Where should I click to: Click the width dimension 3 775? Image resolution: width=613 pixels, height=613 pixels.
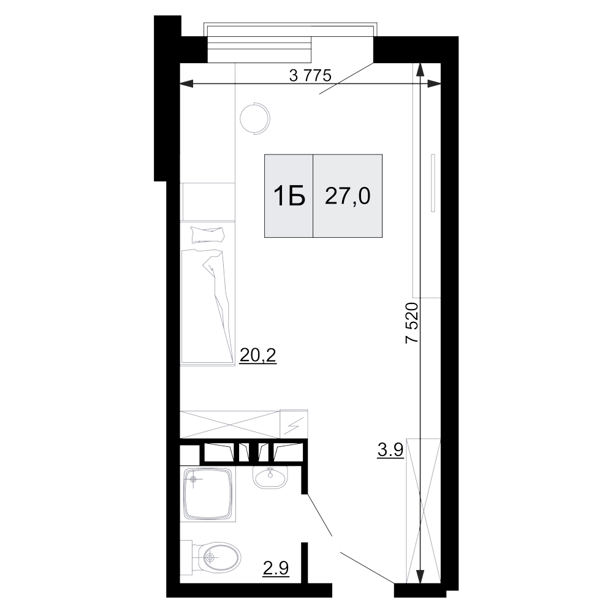tap(310, 75)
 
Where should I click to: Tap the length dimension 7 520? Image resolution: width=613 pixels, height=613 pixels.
tap(412, 322)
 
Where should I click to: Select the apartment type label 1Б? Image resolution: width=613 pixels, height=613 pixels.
tap(289, 196)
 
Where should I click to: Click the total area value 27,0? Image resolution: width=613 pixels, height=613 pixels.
tap(348, 196)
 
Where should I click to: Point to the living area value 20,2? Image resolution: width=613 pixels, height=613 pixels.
tap(258, 355)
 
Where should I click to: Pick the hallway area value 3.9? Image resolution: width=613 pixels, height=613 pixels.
tap(390, 451)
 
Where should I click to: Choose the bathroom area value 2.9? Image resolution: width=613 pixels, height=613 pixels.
tap(276, 568)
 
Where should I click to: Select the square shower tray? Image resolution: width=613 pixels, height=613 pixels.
tap(208, 495)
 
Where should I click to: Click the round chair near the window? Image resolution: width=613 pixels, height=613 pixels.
tap(255, 118)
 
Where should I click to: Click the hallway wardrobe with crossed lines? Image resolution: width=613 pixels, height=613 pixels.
tap(424, 511)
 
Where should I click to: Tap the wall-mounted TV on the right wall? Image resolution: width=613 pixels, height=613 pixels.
tap(433, 183)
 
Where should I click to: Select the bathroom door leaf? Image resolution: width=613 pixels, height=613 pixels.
tap(319, 515)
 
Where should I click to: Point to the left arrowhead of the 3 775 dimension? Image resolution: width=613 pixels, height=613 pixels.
tap(187, 83)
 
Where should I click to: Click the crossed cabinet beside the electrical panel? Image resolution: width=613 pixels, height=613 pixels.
tap(230, 424)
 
